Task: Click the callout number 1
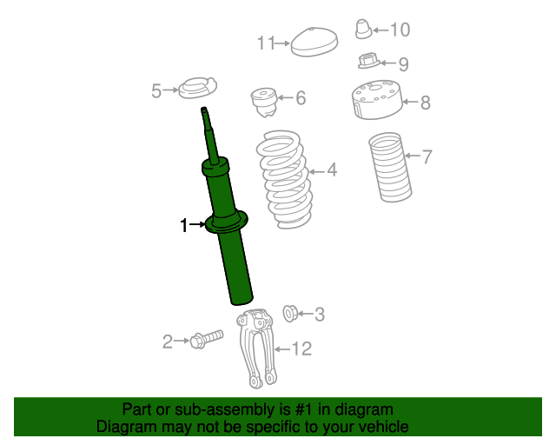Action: [x=183, y=226]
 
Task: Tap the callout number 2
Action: [x=168, y=342]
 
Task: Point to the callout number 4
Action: [x=331, y=170]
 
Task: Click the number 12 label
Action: [x=301, y=349]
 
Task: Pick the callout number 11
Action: [x=265, y=43]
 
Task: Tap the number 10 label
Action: [x=399, y=30]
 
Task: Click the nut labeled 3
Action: [x=291, y=311]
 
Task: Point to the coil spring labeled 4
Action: [x=284, y=178]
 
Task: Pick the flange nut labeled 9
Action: [x=368, y=63]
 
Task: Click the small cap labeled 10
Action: [x=364, y=29]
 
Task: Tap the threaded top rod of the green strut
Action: [x=208, y=126]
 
